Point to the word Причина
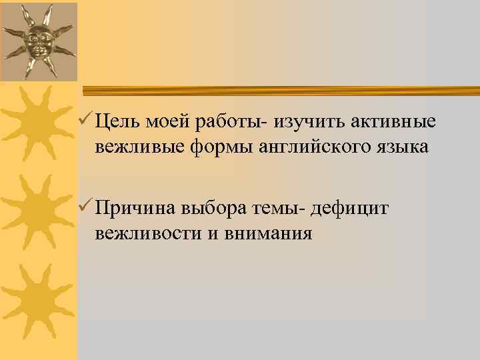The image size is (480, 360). click(x=136, y=209)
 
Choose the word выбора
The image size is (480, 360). click(x=215, y=209)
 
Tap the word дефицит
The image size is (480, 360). click(x=354, y=209)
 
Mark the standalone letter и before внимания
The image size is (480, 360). click(x=215, y=234)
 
